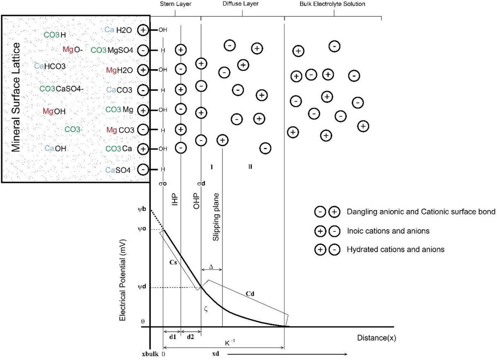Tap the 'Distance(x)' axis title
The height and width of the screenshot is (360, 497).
tap(376, 338)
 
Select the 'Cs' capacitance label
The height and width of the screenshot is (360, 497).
tap(174, 262)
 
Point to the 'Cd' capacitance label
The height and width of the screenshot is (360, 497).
tap(250, 293)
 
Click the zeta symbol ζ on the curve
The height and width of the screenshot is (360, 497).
tap(206, 308)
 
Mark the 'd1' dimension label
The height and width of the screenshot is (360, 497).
tap(172, 337)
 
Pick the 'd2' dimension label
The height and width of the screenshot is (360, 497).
tap(190, 337)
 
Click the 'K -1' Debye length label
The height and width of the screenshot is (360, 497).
tap(230, 343)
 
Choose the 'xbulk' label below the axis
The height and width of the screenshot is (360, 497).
tap(150, 354)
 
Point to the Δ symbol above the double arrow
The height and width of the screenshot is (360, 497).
tap(211, 266)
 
